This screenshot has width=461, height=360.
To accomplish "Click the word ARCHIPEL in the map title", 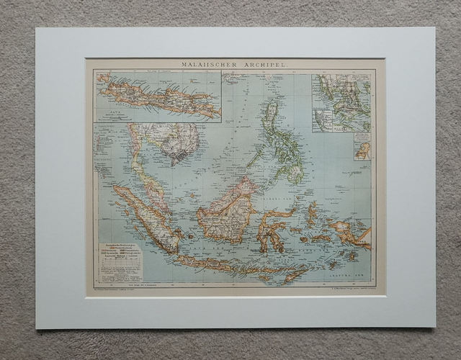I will pyautogui.click(x=267, y=64).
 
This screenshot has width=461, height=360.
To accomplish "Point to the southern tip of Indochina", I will pyautogui.click(x=170, y=163).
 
